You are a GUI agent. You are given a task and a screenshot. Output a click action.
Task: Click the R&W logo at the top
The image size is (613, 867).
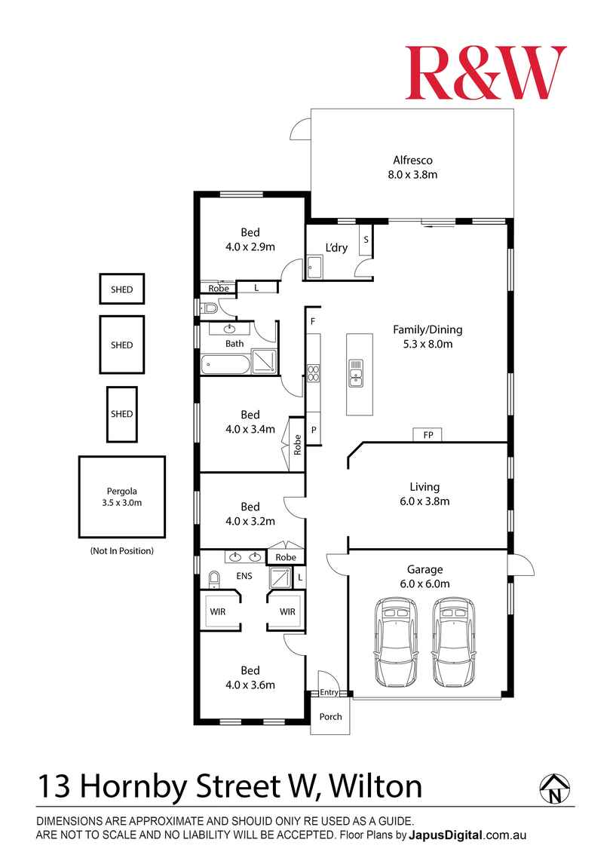click(486, 73)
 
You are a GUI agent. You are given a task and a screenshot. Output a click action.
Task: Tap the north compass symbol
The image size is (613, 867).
click(554, 788)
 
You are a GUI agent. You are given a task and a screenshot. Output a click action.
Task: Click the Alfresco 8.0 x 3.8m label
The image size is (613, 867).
click(412, 167)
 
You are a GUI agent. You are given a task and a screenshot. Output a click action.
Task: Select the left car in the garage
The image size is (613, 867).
click(395, 641)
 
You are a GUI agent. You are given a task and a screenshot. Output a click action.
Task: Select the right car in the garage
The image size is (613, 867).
click(455, 641)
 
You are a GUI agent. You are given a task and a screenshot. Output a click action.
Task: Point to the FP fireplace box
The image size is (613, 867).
click(428, 435)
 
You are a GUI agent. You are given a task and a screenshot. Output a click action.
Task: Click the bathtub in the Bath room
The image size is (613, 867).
click(225, 366)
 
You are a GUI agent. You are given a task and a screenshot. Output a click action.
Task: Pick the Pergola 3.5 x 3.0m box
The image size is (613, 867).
click(121, 497)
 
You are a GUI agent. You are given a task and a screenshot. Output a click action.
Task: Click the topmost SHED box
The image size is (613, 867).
click(121, 290)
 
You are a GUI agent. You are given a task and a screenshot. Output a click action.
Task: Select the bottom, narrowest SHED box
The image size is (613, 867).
click(121, 414)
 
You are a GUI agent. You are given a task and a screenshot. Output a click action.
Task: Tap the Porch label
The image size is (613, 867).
click(330, 716)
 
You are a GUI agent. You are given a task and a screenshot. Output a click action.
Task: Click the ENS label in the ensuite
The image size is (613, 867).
click(244, 577)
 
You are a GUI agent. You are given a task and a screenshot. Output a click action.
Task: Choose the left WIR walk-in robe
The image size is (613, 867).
click(217, 611)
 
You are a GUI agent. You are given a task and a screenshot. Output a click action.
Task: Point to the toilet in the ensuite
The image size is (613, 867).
click(213, 580)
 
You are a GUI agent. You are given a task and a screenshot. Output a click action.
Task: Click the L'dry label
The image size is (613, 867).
click(336, 248)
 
